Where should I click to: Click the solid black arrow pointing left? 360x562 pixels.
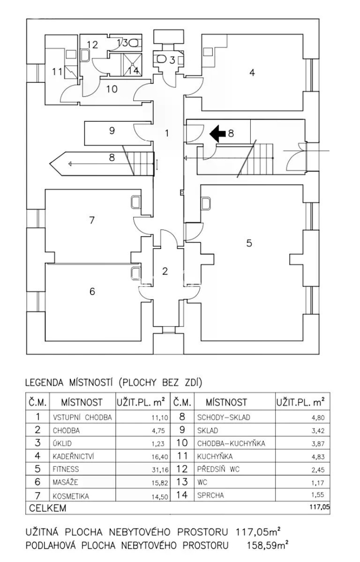pyautogui.click(x=217, y=133)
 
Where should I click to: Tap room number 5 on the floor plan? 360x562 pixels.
pyautogui.click(x=249, y=243)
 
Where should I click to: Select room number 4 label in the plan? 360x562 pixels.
pyautogui.click(x=252, y=72)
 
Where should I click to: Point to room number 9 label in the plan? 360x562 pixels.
pyautogui.click(x=112, y=131)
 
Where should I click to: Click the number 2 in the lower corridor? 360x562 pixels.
pyautogui.click(x=165, y=271)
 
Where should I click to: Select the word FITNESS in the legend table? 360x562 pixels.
pyautogui.click(x=66, y=469)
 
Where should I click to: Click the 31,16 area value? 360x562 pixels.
pyautogui.click(x=160, y=470)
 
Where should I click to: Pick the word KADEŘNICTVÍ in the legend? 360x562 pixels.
pyautogui.click(x=73, y=456)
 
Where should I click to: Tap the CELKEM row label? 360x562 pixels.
pyautogui.click(x=47, y=508)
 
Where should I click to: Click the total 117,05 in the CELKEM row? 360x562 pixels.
pyautogui.click(x=320, y=507)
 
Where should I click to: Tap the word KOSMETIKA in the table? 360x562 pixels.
pyautogui.click(x=70, y=496)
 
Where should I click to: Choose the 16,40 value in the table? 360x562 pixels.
pyautogui.click(x=160, y=457)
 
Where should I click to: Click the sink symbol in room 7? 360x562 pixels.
pyautogui.click(x=135, y=202)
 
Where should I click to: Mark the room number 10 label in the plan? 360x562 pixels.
pyautogui.click(x=112, y=89)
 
